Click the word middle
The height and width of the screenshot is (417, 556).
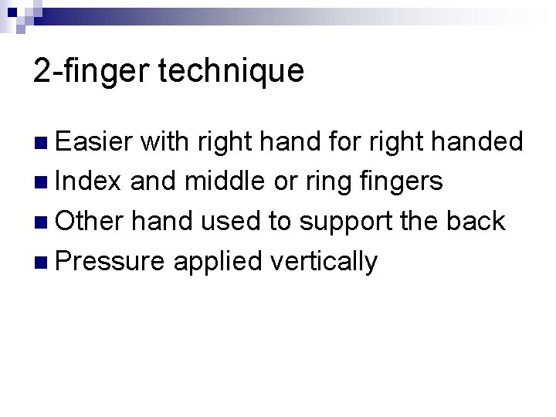[224, 181]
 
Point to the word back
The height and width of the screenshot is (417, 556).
[477, 222]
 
